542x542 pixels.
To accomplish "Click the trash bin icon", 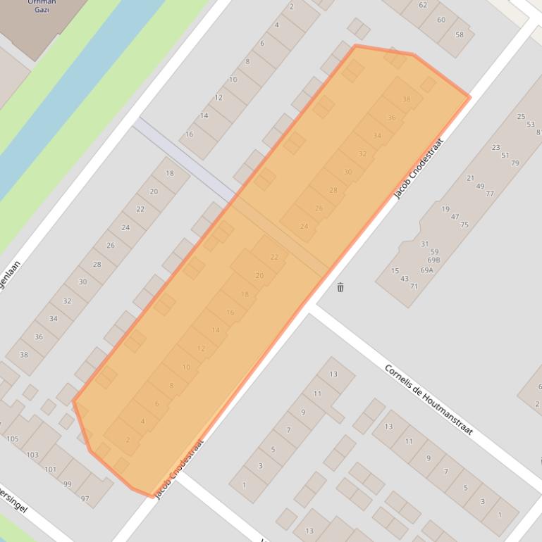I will [x=340, y=287].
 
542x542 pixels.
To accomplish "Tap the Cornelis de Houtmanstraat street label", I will [x=428, y=399].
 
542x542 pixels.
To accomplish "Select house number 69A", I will [x=426, y=270].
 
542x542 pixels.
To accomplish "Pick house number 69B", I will [x=434, y=260].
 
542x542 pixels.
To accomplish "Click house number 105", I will [x=12, y=439].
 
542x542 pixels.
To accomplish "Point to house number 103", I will [x=32, y=455].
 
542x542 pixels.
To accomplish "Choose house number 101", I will [x=50, y=469].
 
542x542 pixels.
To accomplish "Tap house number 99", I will [x=68, y=484].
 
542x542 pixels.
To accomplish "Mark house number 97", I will [x=85, y=499].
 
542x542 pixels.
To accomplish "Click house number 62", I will [x=422, y=5].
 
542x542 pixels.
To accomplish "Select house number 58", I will [x=460, y=34].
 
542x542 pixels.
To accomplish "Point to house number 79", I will [x=515, y=163].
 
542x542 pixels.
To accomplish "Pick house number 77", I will [x=489, y=194].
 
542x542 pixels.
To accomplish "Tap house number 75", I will [x=464, y=225].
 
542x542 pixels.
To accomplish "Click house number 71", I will [x=413, y=286].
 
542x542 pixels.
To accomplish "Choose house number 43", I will [x=404, y=279].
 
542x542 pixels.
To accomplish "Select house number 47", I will [x=455, y=218].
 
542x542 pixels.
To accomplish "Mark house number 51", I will [x=505, y=156].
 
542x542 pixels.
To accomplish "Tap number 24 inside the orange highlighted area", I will [x=304, y=226].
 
